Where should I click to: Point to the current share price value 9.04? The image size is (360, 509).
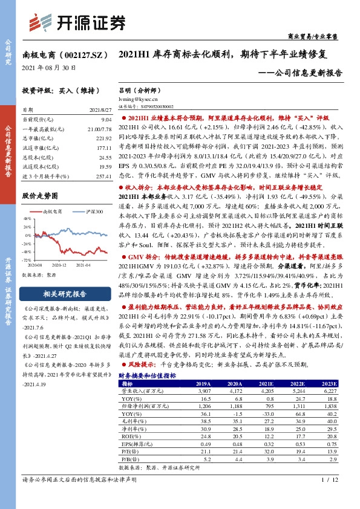tap(106, 120)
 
